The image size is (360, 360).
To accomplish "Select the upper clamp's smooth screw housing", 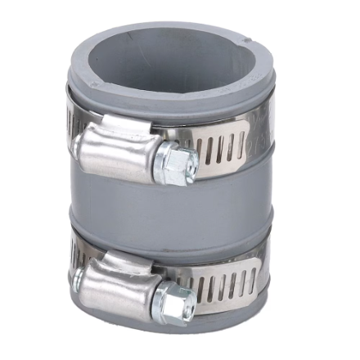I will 115,153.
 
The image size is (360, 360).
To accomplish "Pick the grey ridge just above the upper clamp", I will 176,109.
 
